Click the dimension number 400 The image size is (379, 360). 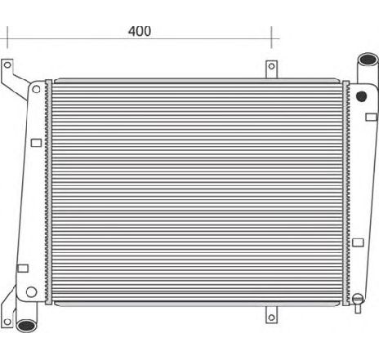140,31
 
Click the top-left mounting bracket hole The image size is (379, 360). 7,64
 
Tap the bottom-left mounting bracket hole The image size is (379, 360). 7,312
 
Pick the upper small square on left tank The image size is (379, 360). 36,143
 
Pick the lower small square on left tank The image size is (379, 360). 23,268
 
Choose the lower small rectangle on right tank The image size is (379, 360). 358,242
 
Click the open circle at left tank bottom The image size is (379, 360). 31,291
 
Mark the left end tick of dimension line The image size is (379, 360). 7,38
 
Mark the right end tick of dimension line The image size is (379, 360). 272,38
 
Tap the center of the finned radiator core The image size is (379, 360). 196,189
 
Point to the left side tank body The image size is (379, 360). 33,196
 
